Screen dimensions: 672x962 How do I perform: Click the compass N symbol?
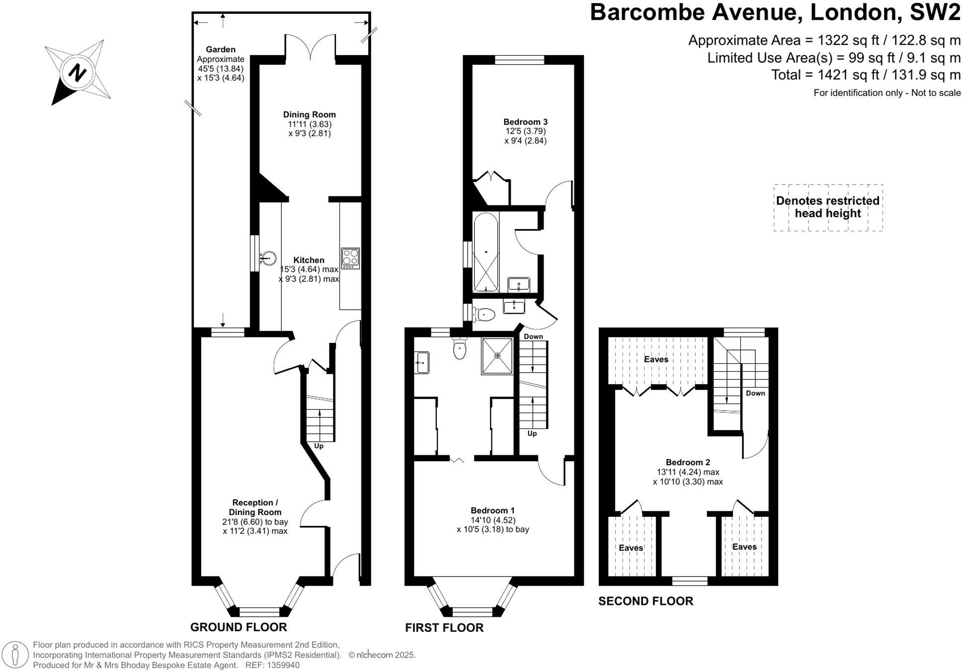[x=77, y=73]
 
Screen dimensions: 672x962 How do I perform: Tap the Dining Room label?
[x=309, y=115]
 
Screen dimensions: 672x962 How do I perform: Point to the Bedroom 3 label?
[x=525, y=122]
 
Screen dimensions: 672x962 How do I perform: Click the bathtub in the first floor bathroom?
[x=485, y=252]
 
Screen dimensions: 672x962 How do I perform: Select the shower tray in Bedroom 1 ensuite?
[x=497, y=356]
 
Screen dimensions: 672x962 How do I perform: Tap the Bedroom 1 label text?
[x=492, y=510]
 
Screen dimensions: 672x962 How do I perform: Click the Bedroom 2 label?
[x=688, y=462]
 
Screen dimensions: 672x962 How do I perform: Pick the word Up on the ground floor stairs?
[x=319, y=446]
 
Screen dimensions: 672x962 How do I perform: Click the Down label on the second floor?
[x=755, y=393]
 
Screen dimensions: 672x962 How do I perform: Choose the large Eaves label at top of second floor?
[x=656, y=359]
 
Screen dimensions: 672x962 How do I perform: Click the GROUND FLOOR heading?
[x=239, y=627]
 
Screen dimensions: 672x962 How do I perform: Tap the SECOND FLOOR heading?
[x=645, y=601]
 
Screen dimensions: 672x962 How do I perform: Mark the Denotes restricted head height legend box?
[x=827, y=207]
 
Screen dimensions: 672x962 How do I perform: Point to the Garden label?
[x=221, y=49]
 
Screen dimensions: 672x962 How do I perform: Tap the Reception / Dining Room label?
[x=255, y=507]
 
